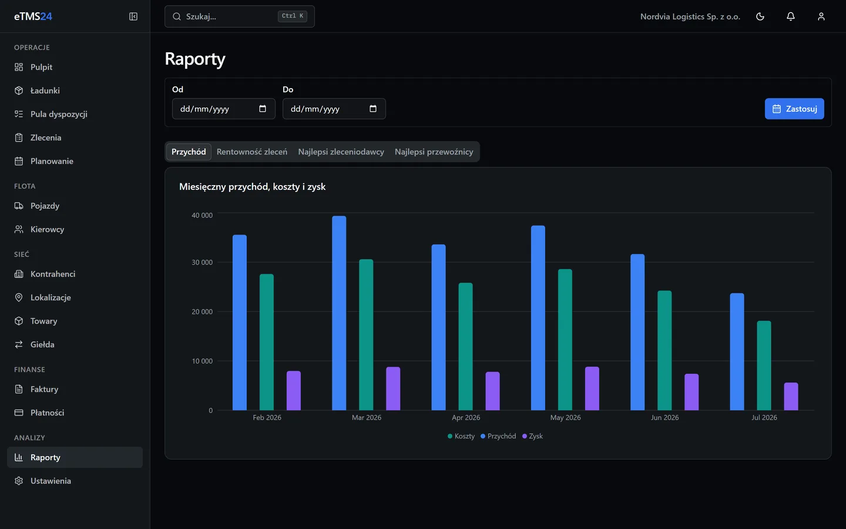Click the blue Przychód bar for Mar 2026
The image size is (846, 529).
(x=339, y=313)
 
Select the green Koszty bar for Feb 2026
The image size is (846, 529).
(x=266, y=342)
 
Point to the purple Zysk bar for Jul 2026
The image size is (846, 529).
(x=791, y=396)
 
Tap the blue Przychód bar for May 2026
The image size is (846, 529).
(x=538, y=318)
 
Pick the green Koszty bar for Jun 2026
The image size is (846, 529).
(x=664, y=350)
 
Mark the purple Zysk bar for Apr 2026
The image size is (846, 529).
(x=492, y=391)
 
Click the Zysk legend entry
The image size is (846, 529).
(x=532, y=436)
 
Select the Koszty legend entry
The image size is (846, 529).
(x=461, y=436)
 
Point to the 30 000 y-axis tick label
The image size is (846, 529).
(x=202, y=262)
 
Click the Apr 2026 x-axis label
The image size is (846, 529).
(x=466, y=417)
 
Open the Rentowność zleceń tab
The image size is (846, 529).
(x=252, y=152)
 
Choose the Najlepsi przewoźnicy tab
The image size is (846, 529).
(x=434, y=152)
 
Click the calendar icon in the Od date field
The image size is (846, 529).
(x=263, y=109)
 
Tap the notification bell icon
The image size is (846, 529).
(x=791, y=16)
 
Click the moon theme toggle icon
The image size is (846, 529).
(x=760, y=16)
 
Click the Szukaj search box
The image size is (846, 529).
(x=240, y=16)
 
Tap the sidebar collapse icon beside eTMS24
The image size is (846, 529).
(x=133, y=16)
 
